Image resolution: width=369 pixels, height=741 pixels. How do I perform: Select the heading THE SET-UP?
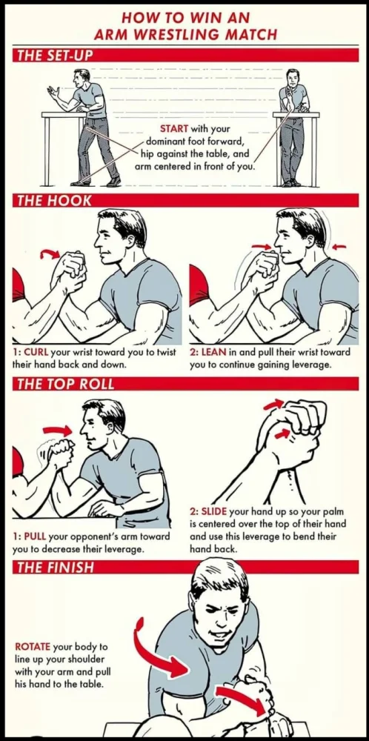coord(54,55)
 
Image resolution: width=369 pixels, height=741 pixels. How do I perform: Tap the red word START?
coord(174,128)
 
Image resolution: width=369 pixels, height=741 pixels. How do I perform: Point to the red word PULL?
coord(35,536)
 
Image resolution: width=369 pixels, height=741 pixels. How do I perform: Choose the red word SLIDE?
coord(215,512)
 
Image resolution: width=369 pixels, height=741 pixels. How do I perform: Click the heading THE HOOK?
coord(54,200)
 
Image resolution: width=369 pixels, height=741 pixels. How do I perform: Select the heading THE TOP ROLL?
coord(66,384)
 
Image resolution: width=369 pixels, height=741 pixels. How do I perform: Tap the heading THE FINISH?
coord(56,567)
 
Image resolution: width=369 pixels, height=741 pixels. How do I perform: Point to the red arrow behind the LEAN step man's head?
coord(339,246)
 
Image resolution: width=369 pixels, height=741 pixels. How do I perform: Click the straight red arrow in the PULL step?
coord(57,430)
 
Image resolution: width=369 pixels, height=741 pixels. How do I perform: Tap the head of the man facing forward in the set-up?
coord(293,78)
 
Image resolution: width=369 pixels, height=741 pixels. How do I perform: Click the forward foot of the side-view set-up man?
coord(80,183)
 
